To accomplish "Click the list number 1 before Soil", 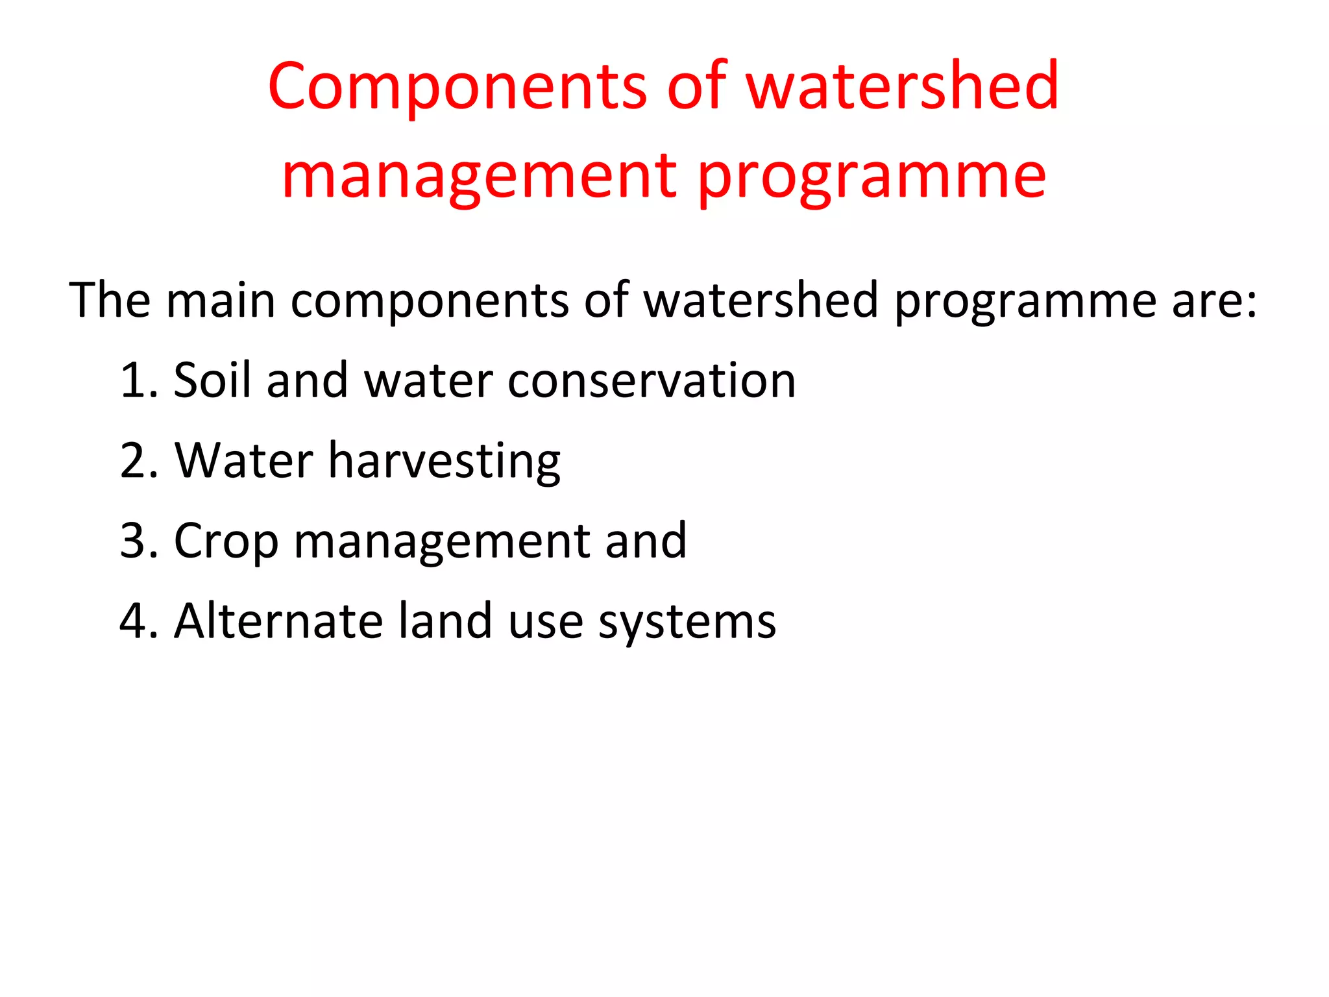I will click(x=136, y=380).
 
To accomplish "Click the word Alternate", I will click(x=278, y=621).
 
